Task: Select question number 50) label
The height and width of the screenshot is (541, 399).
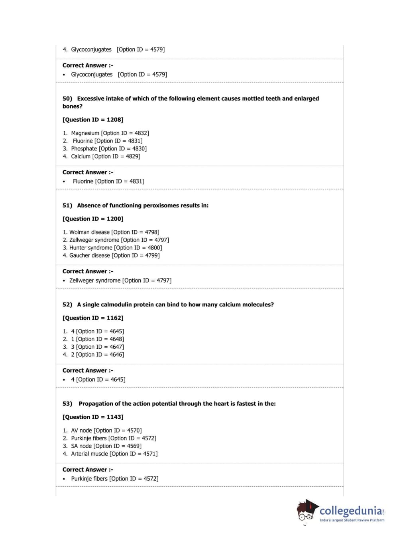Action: tap(67, 99)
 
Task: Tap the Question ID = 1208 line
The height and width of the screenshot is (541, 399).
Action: tap(93, 120)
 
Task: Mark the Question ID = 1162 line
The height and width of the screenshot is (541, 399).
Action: tap(93, 318)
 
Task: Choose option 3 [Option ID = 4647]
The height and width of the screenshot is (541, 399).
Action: tap(97, 347)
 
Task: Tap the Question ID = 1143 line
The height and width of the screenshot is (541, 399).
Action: tap(93, 417)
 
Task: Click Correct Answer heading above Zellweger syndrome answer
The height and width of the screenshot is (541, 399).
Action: tap(88, 271)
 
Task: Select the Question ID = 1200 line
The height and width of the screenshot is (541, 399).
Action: tap(93, 219)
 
